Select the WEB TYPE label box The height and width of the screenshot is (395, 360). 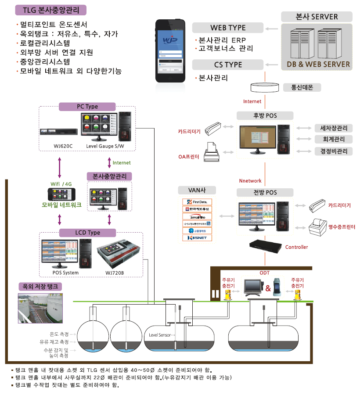point(228,27)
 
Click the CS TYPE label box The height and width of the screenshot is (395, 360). point(228,65)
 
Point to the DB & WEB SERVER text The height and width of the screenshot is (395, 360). point(318,64)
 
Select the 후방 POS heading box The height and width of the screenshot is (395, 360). point(265,116)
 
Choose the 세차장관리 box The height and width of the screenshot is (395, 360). point(333,128)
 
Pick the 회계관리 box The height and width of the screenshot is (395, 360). point(333,140)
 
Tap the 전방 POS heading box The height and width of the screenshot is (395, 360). point(265,192)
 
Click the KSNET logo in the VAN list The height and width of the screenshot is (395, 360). point(197,238)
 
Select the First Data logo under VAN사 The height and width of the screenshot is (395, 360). point(197,202)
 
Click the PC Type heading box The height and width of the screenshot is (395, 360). point(87,106)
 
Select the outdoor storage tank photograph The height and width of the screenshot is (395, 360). point(40,308)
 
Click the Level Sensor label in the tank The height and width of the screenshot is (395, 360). point(160,335)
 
